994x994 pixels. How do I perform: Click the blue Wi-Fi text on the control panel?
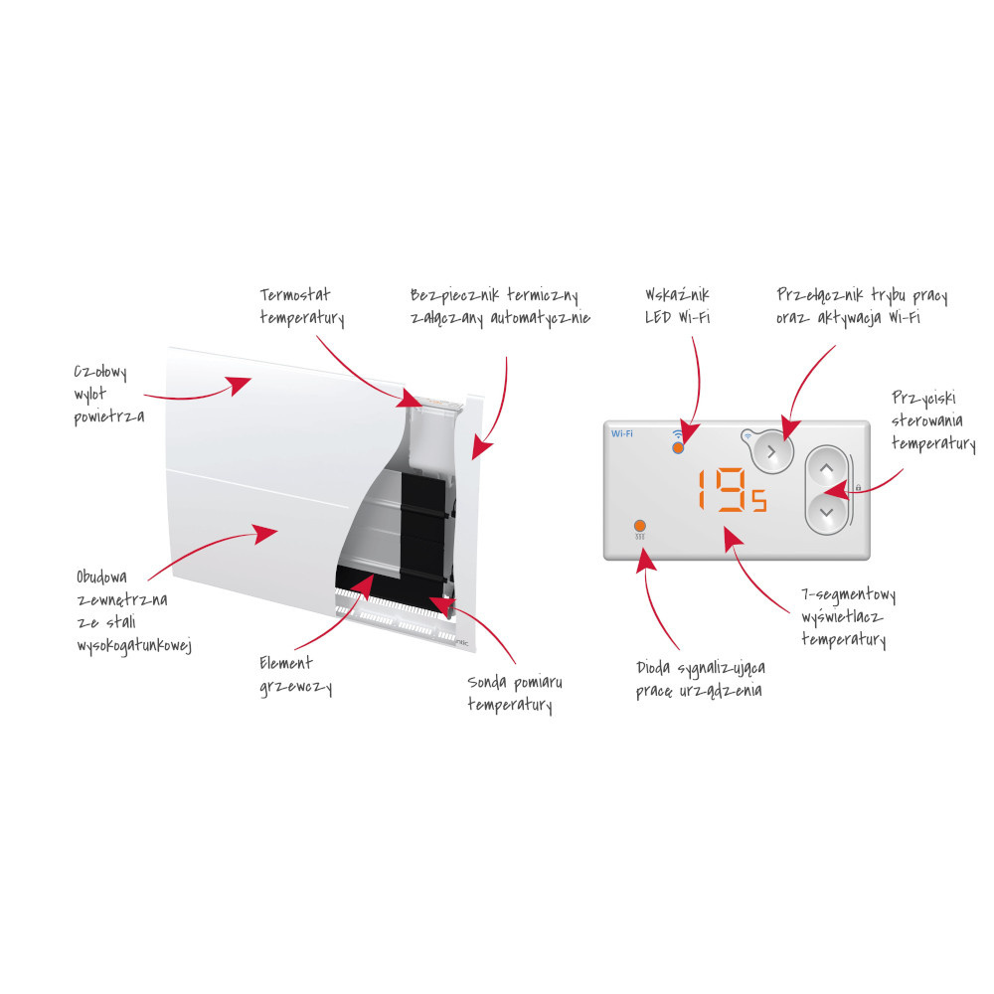[x=622, y=433]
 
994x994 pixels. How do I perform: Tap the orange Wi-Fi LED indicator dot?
[x=678, y=447]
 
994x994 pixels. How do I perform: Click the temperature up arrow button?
[x=826, y=469]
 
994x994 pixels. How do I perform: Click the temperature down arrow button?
[x=827, y=512]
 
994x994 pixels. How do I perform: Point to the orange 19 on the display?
[x=723, y=489]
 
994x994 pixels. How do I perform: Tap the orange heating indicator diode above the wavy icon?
[x=639, y=526]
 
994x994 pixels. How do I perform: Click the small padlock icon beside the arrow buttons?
[x=858, y=487]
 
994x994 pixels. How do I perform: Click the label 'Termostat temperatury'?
[x=302, y=307]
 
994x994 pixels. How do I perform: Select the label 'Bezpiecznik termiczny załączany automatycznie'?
[x=500, y=307]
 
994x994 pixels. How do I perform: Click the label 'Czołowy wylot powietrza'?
[x=109, y=395]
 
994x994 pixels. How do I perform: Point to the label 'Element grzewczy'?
[x=295, y=676]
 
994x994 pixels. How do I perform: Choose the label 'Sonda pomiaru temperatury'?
[x=515, y=694]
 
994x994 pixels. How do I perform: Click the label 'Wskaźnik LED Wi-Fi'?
[x=677, y=305]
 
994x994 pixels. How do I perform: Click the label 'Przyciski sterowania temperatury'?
[x=933, y=420]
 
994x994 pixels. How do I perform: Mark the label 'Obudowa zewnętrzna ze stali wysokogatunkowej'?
[x=134, y=611]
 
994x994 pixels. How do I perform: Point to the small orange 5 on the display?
[x=758, y=500]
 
